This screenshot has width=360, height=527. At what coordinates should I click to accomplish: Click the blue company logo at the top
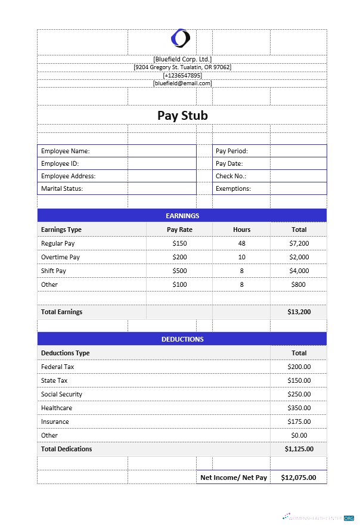click(181, 39)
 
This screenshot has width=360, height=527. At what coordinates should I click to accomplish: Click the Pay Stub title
click(182, 115)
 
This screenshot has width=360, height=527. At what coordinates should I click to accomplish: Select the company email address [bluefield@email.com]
click(182, 83)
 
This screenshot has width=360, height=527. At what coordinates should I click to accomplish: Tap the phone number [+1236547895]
click(182, 75)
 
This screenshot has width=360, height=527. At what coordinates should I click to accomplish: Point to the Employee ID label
click(60, 163)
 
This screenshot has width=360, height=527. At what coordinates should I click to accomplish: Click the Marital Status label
click(62, 188)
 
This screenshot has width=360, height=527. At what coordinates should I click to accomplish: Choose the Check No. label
click(231, 176)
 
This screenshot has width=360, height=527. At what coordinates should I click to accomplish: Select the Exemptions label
click(233, 188)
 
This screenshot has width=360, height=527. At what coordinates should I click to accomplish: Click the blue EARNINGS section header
click(182, 215)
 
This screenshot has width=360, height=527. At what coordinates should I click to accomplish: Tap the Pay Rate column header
click(179, 230)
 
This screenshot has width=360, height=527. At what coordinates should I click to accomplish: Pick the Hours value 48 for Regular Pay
click(241, 243)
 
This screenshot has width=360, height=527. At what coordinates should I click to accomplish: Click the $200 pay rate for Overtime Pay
click(179, 257)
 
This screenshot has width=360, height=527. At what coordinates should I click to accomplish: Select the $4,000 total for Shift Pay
click(299, 271)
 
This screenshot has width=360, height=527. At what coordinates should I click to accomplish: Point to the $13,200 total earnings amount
click(299, 312)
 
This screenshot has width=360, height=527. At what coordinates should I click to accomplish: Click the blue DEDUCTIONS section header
click(182, 339)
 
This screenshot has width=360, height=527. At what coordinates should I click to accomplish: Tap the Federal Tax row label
click(58, 367)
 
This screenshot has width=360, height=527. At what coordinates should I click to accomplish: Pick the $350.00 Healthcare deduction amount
click(299, 408)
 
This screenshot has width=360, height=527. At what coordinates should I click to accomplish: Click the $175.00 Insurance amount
click(299, 421)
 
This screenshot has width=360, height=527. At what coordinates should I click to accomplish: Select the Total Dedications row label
click(67, 449)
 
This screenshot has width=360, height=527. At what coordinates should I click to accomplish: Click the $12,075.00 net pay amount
click(299, 478)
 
